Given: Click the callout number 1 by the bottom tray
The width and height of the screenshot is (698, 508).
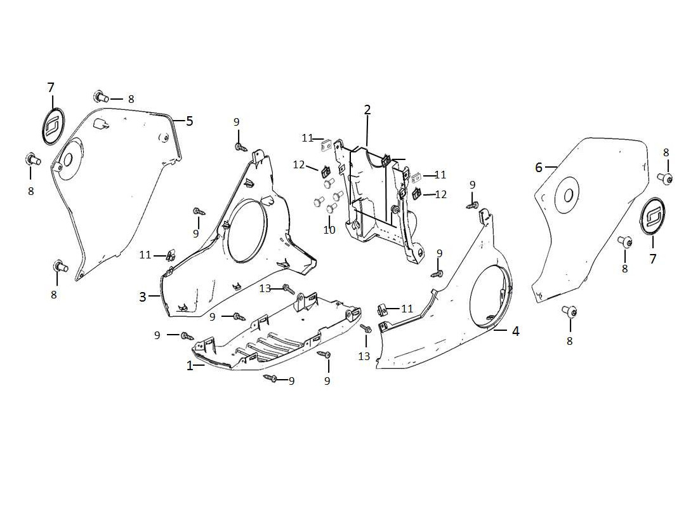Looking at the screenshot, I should (x=189, y=366).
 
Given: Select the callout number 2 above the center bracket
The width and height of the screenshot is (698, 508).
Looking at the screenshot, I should (x=367, y=110).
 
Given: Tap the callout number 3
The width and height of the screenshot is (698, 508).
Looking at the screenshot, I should (x=143, y=297).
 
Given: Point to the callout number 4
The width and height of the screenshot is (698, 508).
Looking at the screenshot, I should (x=516, y=331).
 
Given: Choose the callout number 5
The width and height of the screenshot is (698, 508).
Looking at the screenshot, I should (x=189, y=121).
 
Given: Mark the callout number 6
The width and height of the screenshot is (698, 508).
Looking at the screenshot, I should (x=539, y=168).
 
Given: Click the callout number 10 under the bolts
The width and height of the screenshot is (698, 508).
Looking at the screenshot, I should (x=329, y=230).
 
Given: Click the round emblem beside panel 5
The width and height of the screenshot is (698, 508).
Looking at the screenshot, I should (x=53, y=124).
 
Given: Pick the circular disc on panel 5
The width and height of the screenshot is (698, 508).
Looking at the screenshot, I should (x=69, y=157).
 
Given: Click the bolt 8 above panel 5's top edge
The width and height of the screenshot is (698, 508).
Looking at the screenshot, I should (x=100, y=97).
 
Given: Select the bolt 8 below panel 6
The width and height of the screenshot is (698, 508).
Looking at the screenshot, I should (x=569, y=311).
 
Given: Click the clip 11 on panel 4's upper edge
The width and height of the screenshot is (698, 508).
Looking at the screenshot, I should (x=383, y=310).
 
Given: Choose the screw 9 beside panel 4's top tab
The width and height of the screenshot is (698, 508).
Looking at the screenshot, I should (x=472, y=205).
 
